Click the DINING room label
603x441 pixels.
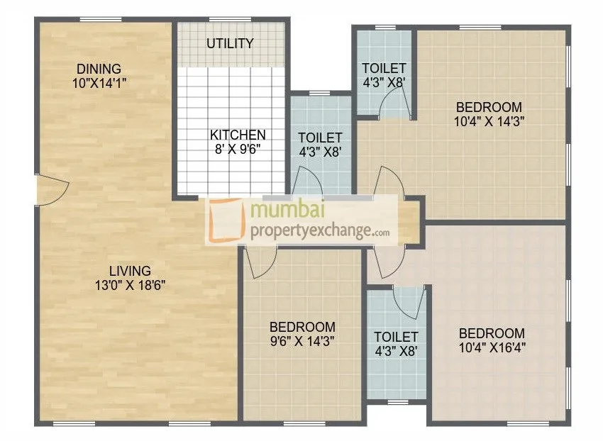[99, 69]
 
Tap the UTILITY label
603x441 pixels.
[230, 44]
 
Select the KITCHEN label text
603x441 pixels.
[238, 135]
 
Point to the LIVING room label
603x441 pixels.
[130, 271]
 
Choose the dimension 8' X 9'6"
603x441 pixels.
[238, 149]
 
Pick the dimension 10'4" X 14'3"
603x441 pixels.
[489, 121]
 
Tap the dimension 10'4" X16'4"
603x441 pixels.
[492, 347]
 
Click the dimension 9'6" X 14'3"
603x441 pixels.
[302, 340]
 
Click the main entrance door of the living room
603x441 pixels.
[51, 189]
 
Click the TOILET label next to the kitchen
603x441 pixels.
[320, 138]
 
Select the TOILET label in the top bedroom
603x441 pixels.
[383, 68]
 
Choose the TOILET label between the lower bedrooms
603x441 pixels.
[396, 336]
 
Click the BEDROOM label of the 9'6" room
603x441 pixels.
[302, 327]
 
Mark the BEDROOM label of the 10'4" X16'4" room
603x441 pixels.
[492, 333]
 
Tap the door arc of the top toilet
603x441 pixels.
[392, 106]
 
